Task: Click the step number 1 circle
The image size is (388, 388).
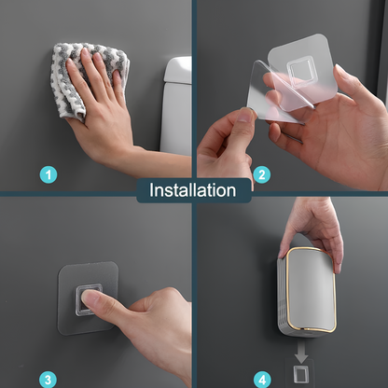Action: click(48, 174)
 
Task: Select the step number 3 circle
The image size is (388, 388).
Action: click(48, 379)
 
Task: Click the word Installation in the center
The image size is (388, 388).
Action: click(193, 190)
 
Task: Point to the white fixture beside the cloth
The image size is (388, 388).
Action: click(176, 103)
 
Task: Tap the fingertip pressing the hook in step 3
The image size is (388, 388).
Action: click(90, 298)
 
